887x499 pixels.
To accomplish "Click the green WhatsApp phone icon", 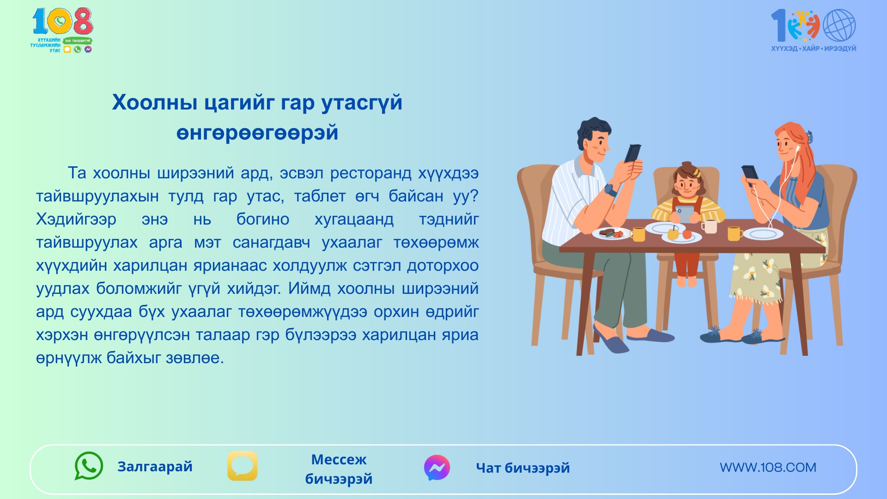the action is point(89,466).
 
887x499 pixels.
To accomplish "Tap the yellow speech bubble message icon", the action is point(243,466).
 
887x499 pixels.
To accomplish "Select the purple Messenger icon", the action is point(437,468).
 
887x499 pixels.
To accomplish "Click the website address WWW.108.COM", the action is point(768,467).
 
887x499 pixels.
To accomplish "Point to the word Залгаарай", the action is point(155,467).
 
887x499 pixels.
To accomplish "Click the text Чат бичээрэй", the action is point(523,468).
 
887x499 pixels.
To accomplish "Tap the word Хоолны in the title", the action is point(155,103).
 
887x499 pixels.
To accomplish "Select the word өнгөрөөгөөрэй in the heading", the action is point(257,133).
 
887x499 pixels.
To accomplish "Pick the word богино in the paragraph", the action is point(263,219).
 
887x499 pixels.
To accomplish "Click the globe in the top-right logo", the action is point(839,25).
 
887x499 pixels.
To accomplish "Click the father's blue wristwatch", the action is point(611,190).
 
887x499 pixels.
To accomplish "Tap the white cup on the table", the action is point(709,226).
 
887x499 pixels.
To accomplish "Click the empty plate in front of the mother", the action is point(763,234).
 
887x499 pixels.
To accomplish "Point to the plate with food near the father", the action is point(611,233).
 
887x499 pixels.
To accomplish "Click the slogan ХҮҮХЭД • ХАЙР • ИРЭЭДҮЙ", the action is point(814,49).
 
